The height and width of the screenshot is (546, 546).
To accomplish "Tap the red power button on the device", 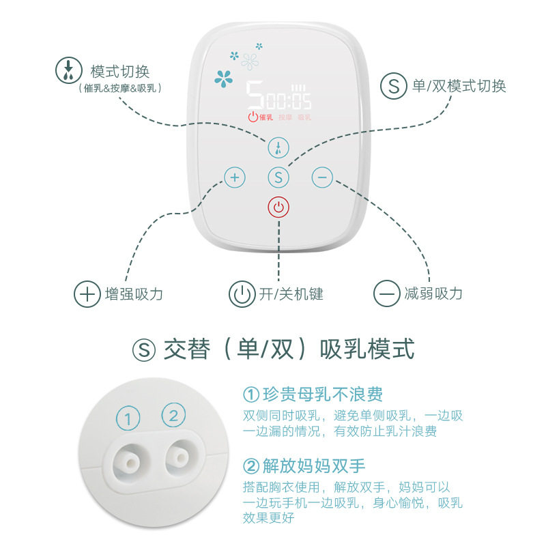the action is click(278, 207).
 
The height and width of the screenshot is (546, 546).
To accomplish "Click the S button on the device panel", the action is click(278, 177).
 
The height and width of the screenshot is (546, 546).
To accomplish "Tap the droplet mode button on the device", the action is click(278, 147).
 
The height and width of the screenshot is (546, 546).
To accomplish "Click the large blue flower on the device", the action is click(224, 78).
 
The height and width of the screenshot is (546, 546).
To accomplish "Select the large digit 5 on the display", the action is click(255, 95).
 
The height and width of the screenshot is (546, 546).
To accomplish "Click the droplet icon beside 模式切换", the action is click(69, 70).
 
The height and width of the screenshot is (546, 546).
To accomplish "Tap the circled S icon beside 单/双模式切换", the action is click(394, 86).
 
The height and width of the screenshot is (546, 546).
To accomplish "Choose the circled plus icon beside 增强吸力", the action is click(87, 294).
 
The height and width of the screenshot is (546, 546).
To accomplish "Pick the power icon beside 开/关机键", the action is click(242, 294).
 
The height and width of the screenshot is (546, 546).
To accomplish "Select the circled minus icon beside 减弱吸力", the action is click(386, 293).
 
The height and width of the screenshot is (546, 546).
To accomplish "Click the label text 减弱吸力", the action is click(433, 293).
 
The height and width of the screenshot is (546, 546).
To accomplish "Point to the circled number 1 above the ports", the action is click(128, 418).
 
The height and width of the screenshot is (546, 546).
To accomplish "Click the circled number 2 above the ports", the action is click(173, 415).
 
